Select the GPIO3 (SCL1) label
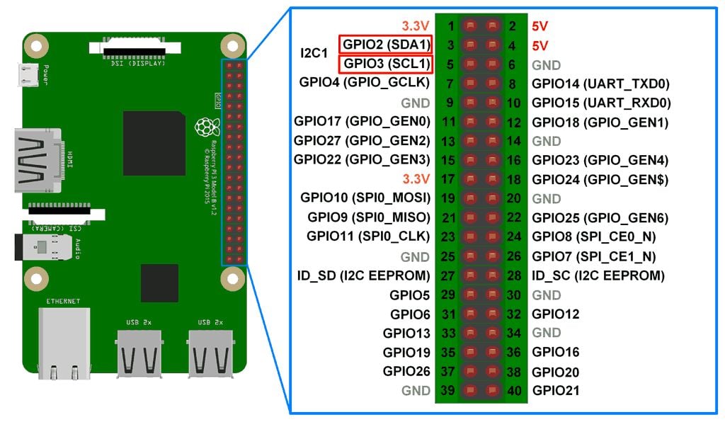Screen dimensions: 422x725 [x=387, y=64]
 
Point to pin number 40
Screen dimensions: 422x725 [x=514, y=390]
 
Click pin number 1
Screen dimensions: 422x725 [x=450, y=26]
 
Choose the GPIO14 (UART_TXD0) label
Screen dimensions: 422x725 [x=600, y=84]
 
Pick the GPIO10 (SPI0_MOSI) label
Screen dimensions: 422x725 [x=365, y=199]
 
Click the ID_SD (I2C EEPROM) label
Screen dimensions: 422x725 [x=363, y=275]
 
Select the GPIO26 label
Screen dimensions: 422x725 [x=406, y=371]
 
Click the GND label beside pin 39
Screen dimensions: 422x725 [x=416, y=390]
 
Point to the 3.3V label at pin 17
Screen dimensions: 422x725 [x=416, y=179]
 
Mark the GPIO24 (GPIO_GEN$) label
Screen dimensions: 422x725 [x=600, y=179]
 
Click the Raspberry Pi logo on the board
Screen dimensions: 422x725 [x=205, y=127]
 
